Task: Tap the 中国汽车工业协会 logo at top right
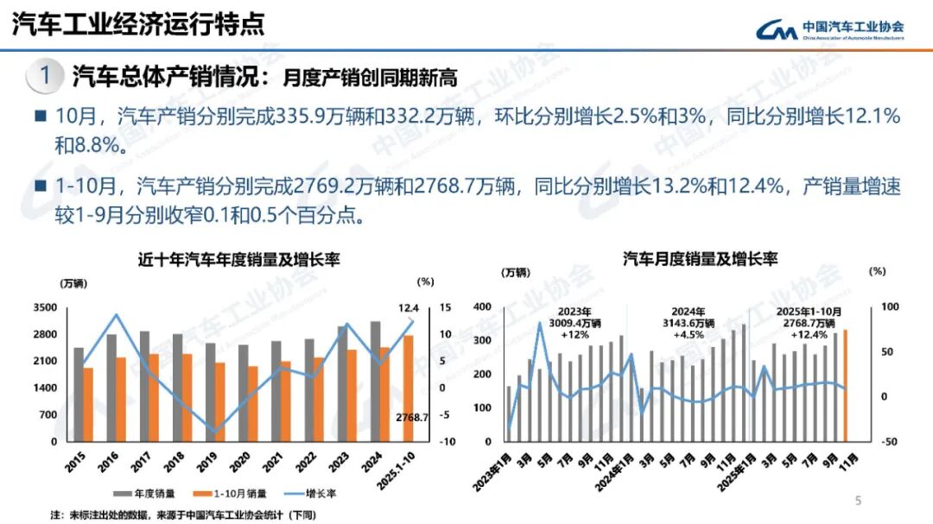coord(830,29)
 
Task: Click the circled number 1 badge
coord(44,76)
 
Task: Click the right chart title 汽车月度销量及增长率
coord(700,259)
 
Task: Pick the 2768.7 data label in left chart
coord(413,418)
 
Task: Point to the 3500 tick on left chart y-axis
coord(46,308)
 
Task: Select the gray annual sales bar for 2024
coord(375,381)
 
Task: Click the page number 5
coord(858,500)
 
